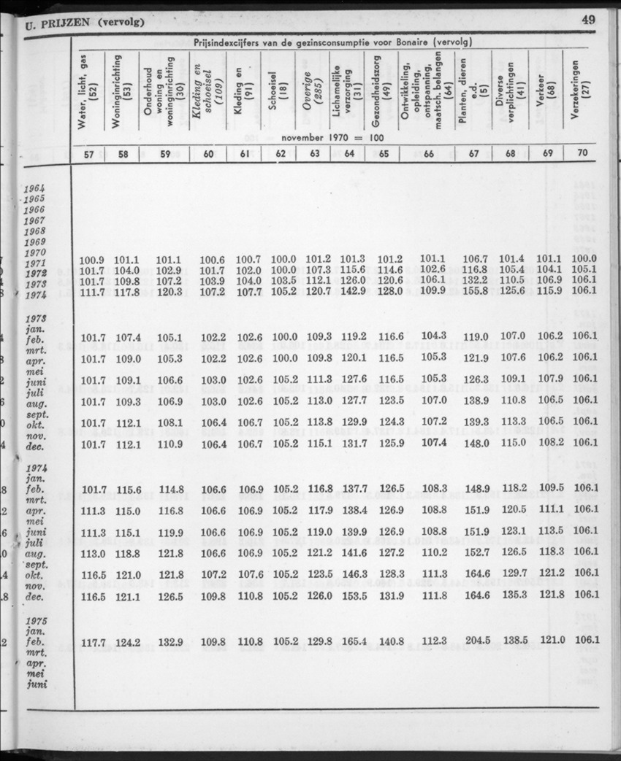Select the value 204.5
(476, 642)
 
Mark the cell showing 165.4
(353, 642)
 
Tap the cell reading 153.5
(353, 595)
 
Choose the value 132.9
(169, 642)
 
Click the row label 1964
(34, 188)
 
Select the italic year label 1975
(36, 620)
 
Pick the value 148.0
(476, 443)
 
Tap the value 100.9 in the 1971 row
(92, 259)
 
